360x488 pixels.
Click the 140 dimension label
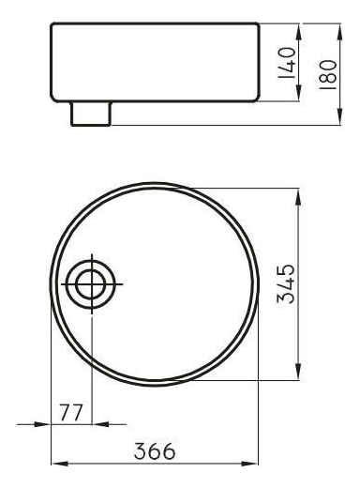coord(287,63)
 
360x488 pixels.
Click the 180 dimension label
coord(328,74)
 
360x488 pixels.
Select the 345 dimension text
coord(286,284)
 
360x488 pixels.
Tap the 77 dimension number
coord(71,413)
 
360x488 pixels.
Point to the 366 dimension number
coord(155,451)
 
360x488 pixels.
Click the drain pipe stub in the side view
coord(91,114)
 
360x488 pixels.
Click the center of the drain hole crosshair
coord(92,284)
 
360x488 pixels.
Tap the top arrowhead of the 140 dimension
coord(298,32)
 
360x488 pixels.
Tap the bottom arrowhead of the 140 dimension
coord(298,93)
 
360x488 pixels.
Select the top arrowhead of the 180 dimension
coord(339,32)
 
